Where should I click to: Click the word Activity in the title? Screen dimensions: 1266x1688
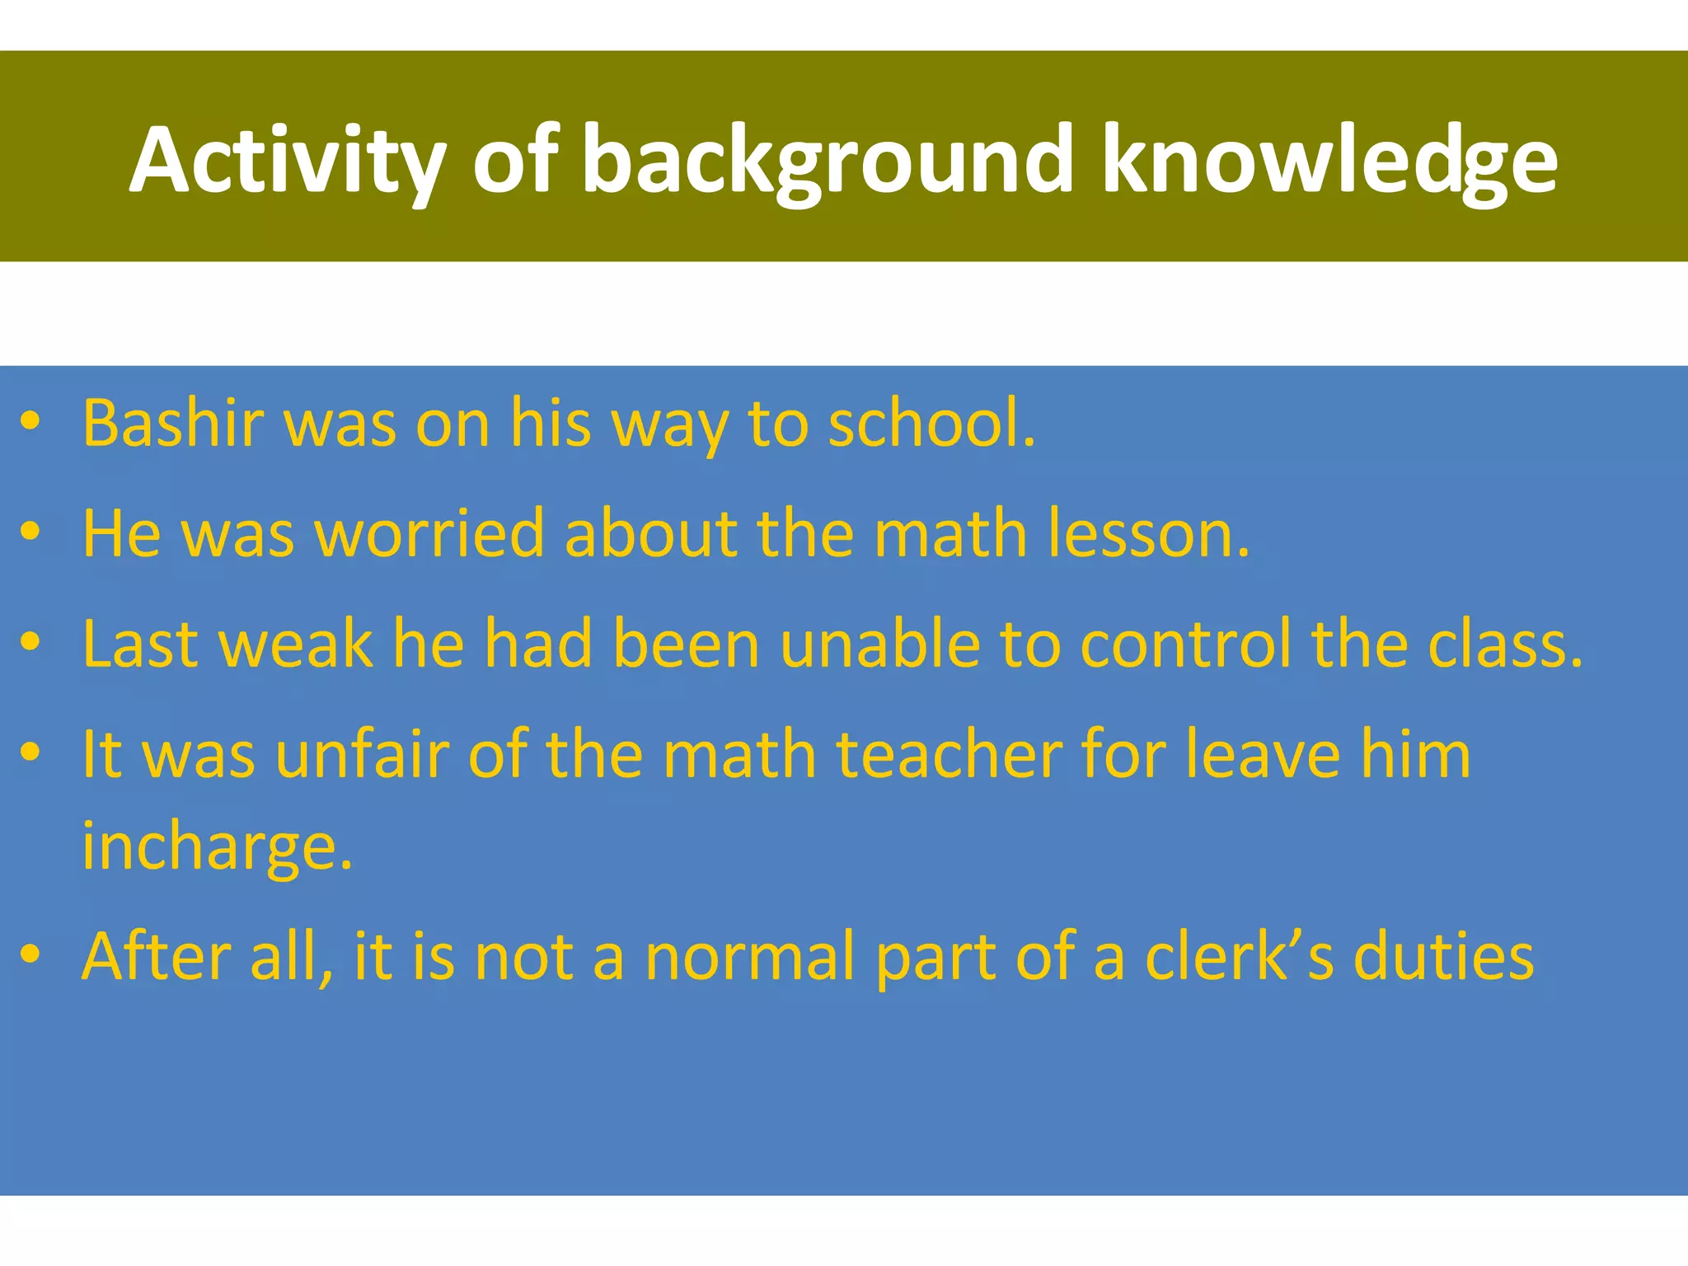[288, 161]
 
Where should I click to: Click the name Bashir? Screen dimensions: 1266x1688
[173, 424]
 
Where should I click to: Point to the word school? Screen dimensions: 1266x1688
[931, 424]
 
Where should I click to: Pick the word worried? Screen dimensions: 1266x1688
[429, 534]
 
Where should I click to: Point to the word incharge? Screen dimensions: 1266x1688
[217, 847]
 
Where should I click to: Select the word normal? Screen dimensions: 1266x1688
[750, 958]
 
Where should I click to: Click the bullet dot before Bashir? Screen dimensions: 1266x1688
[30, 422]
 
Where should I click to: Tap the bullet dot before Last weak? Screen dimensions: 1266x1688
[30, 643]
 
